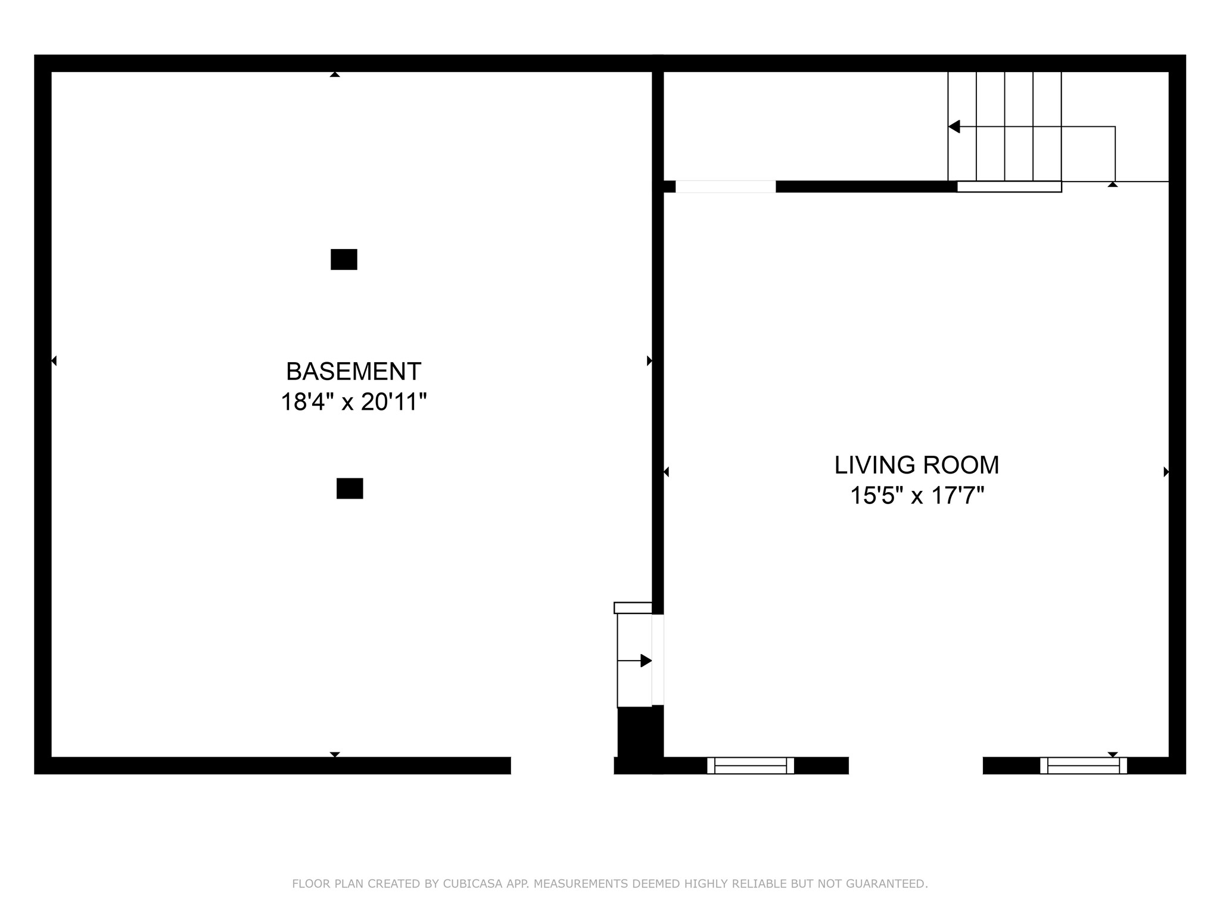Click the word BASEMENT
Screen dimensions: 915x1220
[x=353, y=372]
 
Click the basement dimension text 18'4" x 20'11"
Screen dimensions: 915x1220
[x=353, y=402]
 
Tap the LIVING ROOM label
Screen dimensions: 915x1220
[x=916, y=465]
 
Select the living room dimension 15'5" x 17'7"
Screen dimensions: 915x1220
[x=916, y=496]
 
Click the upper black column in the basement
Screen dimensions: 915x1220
[x=344, y=260]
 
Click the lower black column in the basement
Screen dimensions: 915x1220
[x=350, y=488]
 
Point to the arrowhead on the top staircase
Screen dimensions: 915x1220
[x=954, y=127]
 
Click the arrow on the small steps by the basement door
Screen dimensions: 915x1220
[x=645, y=661]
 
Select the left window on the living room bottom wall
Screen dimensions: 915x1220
[x=751, y=765]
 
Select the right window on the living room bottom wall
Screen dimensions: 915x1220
[x=1083, y=765]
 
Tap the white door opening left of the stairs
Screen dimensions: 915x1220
[x=726, y=187]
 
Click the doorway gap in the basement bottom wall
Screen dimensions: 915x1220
[x=562, y=765]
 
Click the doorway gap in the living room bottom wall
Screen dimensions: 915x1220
[x=915, y=765]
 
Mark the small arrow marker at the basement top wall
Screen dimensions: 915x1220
[x=335, y=75]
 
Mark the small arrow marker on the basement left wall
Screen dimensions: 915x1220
[x=54, y=360]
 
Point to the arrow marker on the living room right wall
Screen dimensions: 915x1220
[x=1166, y=472]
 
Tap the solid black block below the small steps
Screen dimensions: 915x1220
[x=637, y=736]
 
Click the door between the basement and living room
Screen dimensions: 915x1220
[x=658, y=659]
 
